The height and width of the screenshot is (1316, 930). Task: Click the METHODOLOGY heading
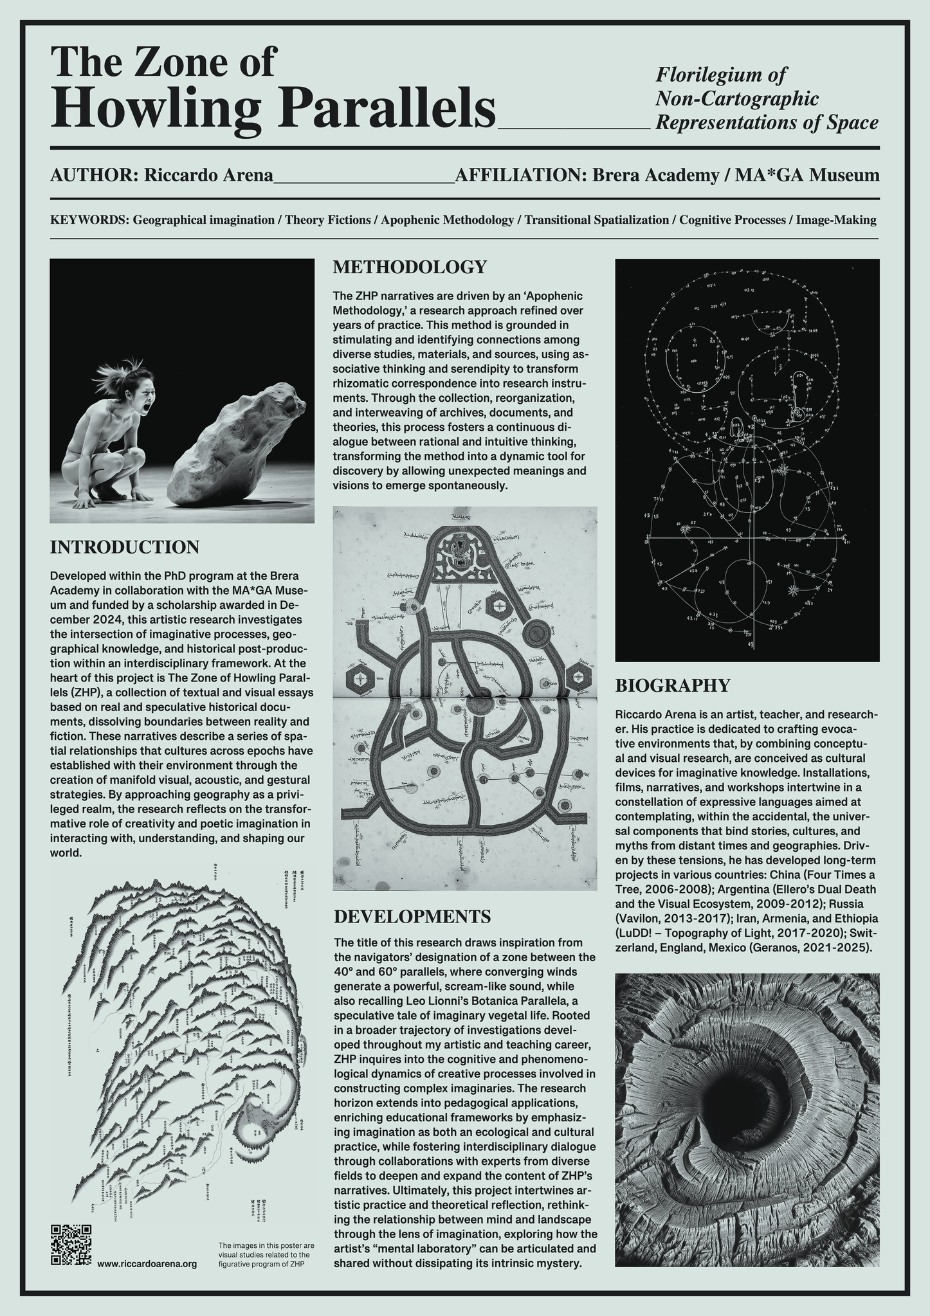point(409,267)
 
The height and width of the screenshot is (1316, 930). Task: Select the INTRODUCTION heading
point(124,547)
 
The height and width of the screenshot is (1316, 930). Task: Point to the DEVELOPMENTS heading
point(412,915)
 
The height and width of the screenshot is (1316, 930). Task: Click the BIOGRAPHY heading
point(673,685)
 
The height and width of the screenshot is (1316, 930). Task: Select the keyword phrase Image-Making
point(836,221)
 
